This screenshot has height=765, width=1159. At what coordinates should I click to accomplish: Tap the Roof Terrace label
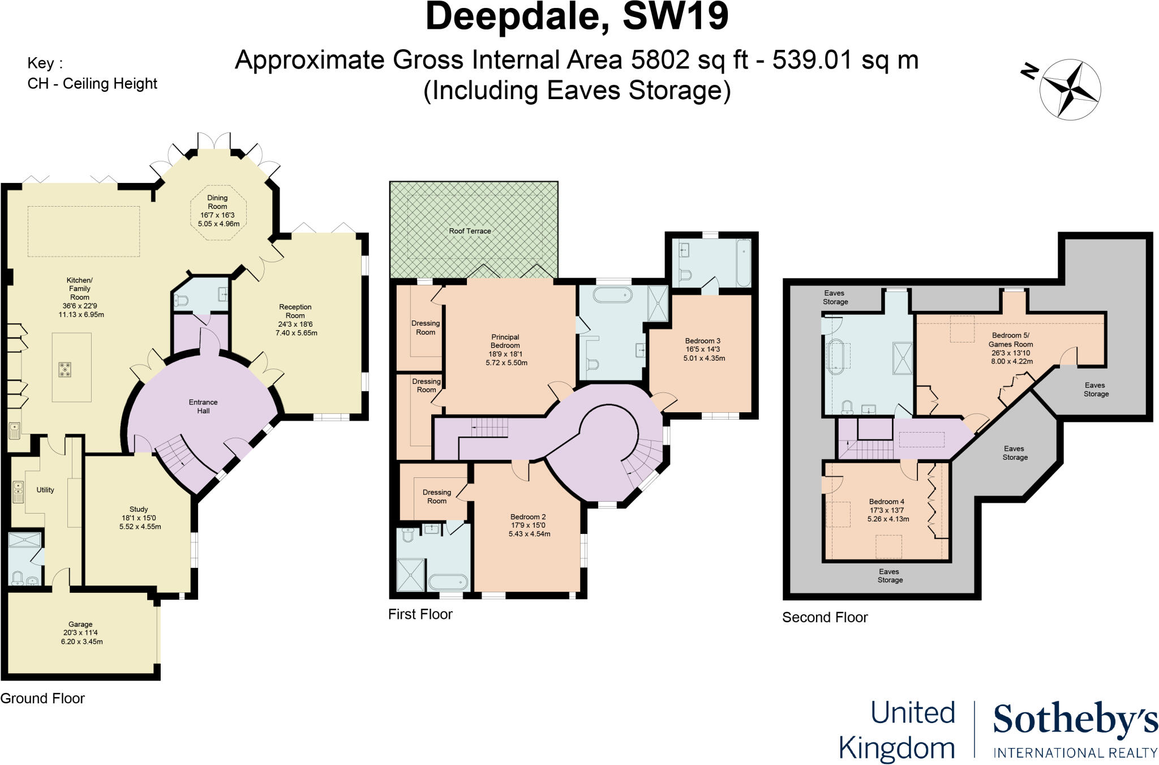point(470,231)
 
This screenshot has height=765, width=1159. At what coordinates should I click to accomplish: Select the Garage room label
point(80,625)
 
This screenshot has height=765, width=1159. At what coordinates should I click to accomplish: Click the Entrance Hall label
point(203,407)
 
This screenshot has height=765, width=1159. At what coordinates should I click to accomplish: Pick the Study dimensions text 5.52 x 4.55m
point(140,527)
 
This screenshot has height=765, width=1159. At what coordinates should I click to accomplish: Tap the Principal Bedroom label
point(505,341)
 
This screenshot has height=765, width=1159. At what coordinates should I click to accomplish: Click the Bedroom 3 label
point(702,341)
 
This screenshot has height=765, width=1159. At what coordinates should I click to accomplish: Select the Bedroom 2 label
point(528,517)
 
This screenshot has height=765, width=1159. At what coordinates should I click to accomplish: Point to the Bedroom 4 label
point(887,502)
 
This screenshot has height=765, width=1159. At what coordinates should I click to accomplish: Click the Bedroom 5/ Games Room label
point(1011,340)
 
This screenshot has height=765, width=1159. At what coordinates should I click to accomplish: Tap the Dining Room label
point(217,202)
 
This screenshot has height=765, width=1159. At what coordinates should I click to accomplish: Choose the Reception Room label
point(295,311)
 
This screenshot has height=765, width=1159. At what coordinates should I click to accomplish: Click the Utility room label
point(45,490)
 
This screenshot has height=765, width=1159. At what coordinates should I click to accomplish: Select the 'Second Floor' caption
point(825,617)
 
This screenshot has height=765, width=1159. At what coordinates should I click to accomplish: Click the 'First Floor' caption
point(420,614)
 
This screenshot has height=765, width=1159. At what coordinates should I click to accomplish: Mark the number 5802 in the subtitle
point(660,60)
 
